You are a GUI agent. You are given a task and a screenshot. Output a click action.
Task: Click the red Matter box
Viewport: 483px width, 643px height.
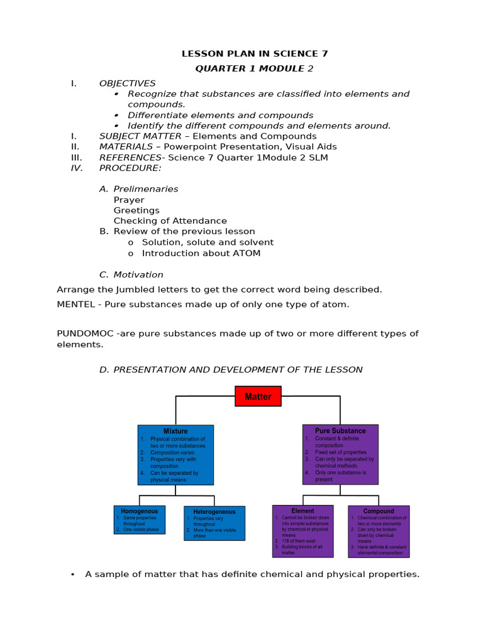tap(258, 396)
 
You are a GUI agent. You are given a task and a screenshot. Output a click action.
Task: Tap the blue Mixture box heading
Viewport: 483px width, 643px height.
tap(175, 431)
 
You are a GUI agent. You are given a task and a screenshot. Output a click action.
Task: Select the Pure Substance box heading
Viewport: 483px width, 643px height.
tap(340, 431)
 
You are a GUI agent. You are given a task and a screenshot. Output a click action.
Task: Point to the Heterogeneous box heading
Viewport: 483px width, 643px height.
tap(214, 512)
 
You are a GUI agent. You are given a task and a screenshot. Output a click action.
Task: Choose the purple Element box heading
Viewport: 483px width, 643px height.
tap(303, 511)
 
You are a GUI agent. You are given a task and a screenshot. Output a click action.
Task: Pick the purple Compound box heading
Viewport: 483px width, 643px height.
tap(379, 511)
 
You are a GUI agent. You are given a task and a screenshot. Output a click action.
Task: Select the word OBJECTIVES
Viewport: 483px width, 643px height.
tap(127, 84)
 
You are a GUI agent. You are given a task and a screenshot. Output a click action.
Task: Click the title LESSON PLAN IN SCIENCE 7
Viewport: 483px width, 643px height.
tap(255, 54)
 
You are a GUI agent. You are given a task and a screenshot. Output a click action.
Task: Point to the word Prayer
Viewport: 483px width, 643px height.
tap(129, 200)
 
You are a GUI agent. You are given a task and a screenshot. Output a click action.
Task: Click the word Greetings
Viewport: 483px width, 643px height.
tap(136, 210)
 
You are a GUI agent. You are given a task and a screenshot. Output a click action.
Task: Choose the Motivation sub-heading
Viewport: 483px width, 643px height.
tap(138, 274)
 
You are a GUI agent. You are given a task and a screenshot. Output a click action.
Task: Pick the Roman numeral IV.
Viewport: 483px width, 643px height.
tap(76, 168)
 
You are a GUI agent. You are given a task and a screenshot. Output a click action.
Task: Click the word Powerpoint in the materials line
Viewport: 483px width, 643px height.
tap(189, 147)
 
